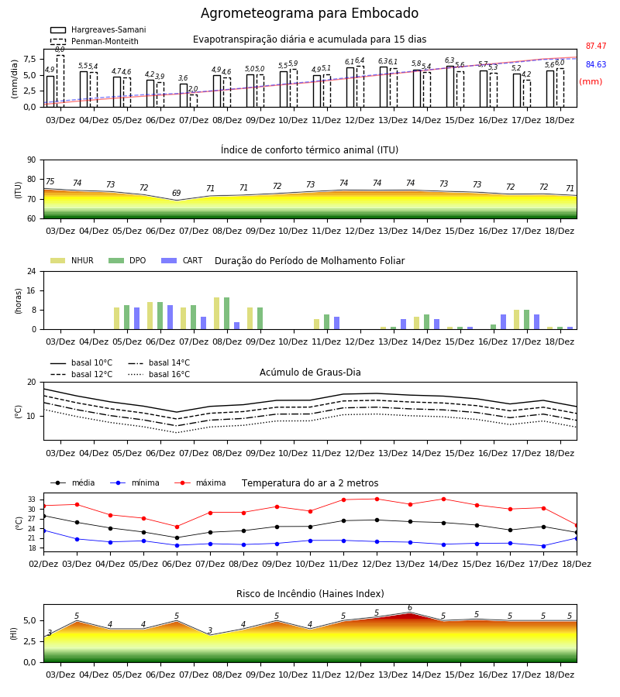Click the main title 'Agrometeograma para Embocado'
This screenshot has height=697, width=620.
click(309, 13)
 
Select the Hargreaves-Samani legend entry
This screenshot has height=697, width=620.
click(98, 29)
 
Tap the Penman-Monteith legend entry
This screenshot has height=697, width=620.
click(95, 41)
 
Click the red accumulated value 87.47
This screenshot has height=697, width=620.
click(596, 46)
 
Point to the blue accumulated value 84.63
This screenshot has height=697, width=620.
click(596, 64)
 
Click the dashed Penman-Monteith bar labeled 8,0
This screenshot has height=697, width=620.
click(60, 81)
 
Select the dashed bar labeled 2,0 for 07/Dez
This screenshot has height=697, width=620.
click(194, 101)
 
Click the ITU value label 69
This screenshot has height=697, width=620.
click(177, 193)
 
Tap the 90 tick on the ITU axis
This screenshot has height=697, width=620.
click(32, 160)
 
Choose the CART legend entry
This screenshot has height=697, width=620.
click(182, 260)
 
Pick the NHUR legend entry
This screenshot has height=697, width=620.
click(72, 260)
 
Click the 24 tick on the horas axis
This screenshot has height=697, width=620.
click(32, 271)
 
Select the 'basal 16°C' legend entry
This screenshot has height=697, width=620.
click(159, 374)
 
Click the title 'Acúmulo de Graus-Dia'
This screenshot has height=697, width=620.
click(310, 372)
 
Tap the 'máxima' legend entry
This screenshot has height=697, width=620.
click(201, 482)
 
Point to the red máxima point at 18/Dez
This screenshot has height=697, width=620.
click(577, 525)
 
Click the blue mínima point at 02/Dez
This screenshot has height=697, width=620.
click(43, 530)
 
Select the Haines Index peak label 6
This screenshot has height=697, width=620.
click(410, 608)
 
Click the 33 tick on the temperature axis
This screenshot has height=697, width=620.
click(32, 500)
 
